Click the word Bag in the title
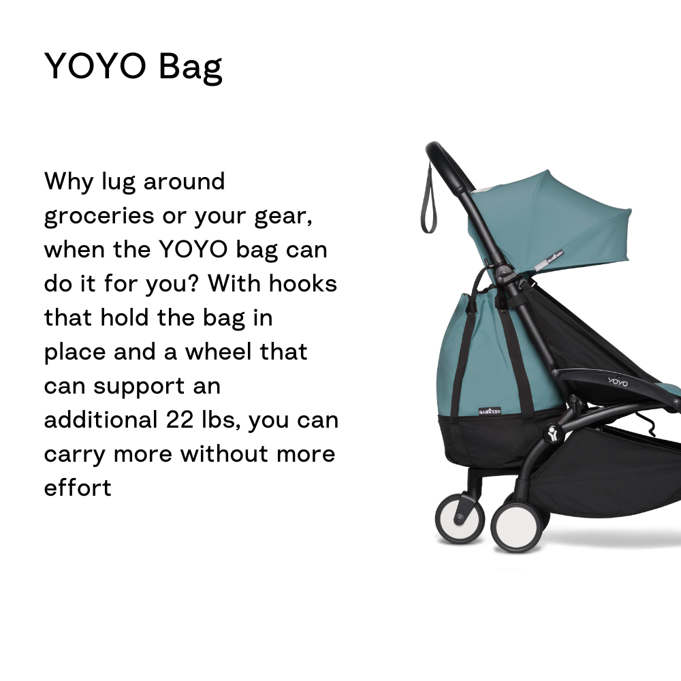(x=190, y=67)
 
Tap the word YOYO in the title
(x=95, y=66)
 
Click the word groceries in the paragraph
(x=99, y=217)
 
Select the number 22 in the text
(x=179, y=419)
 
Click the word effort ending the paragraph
(x=78, y=487)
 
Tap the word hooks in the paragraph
(x=303, y=283)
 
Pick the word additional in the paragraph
(x=101, y=419)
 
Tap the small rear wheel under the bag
(x=460, y=518)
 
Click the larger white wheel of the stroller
(x=517, y=527)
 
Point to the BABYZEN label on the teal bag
(x=490, y=411)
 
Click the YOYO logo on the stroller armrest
(x=618, y=382)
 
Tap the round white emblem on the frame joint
(x=553, y=433)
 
